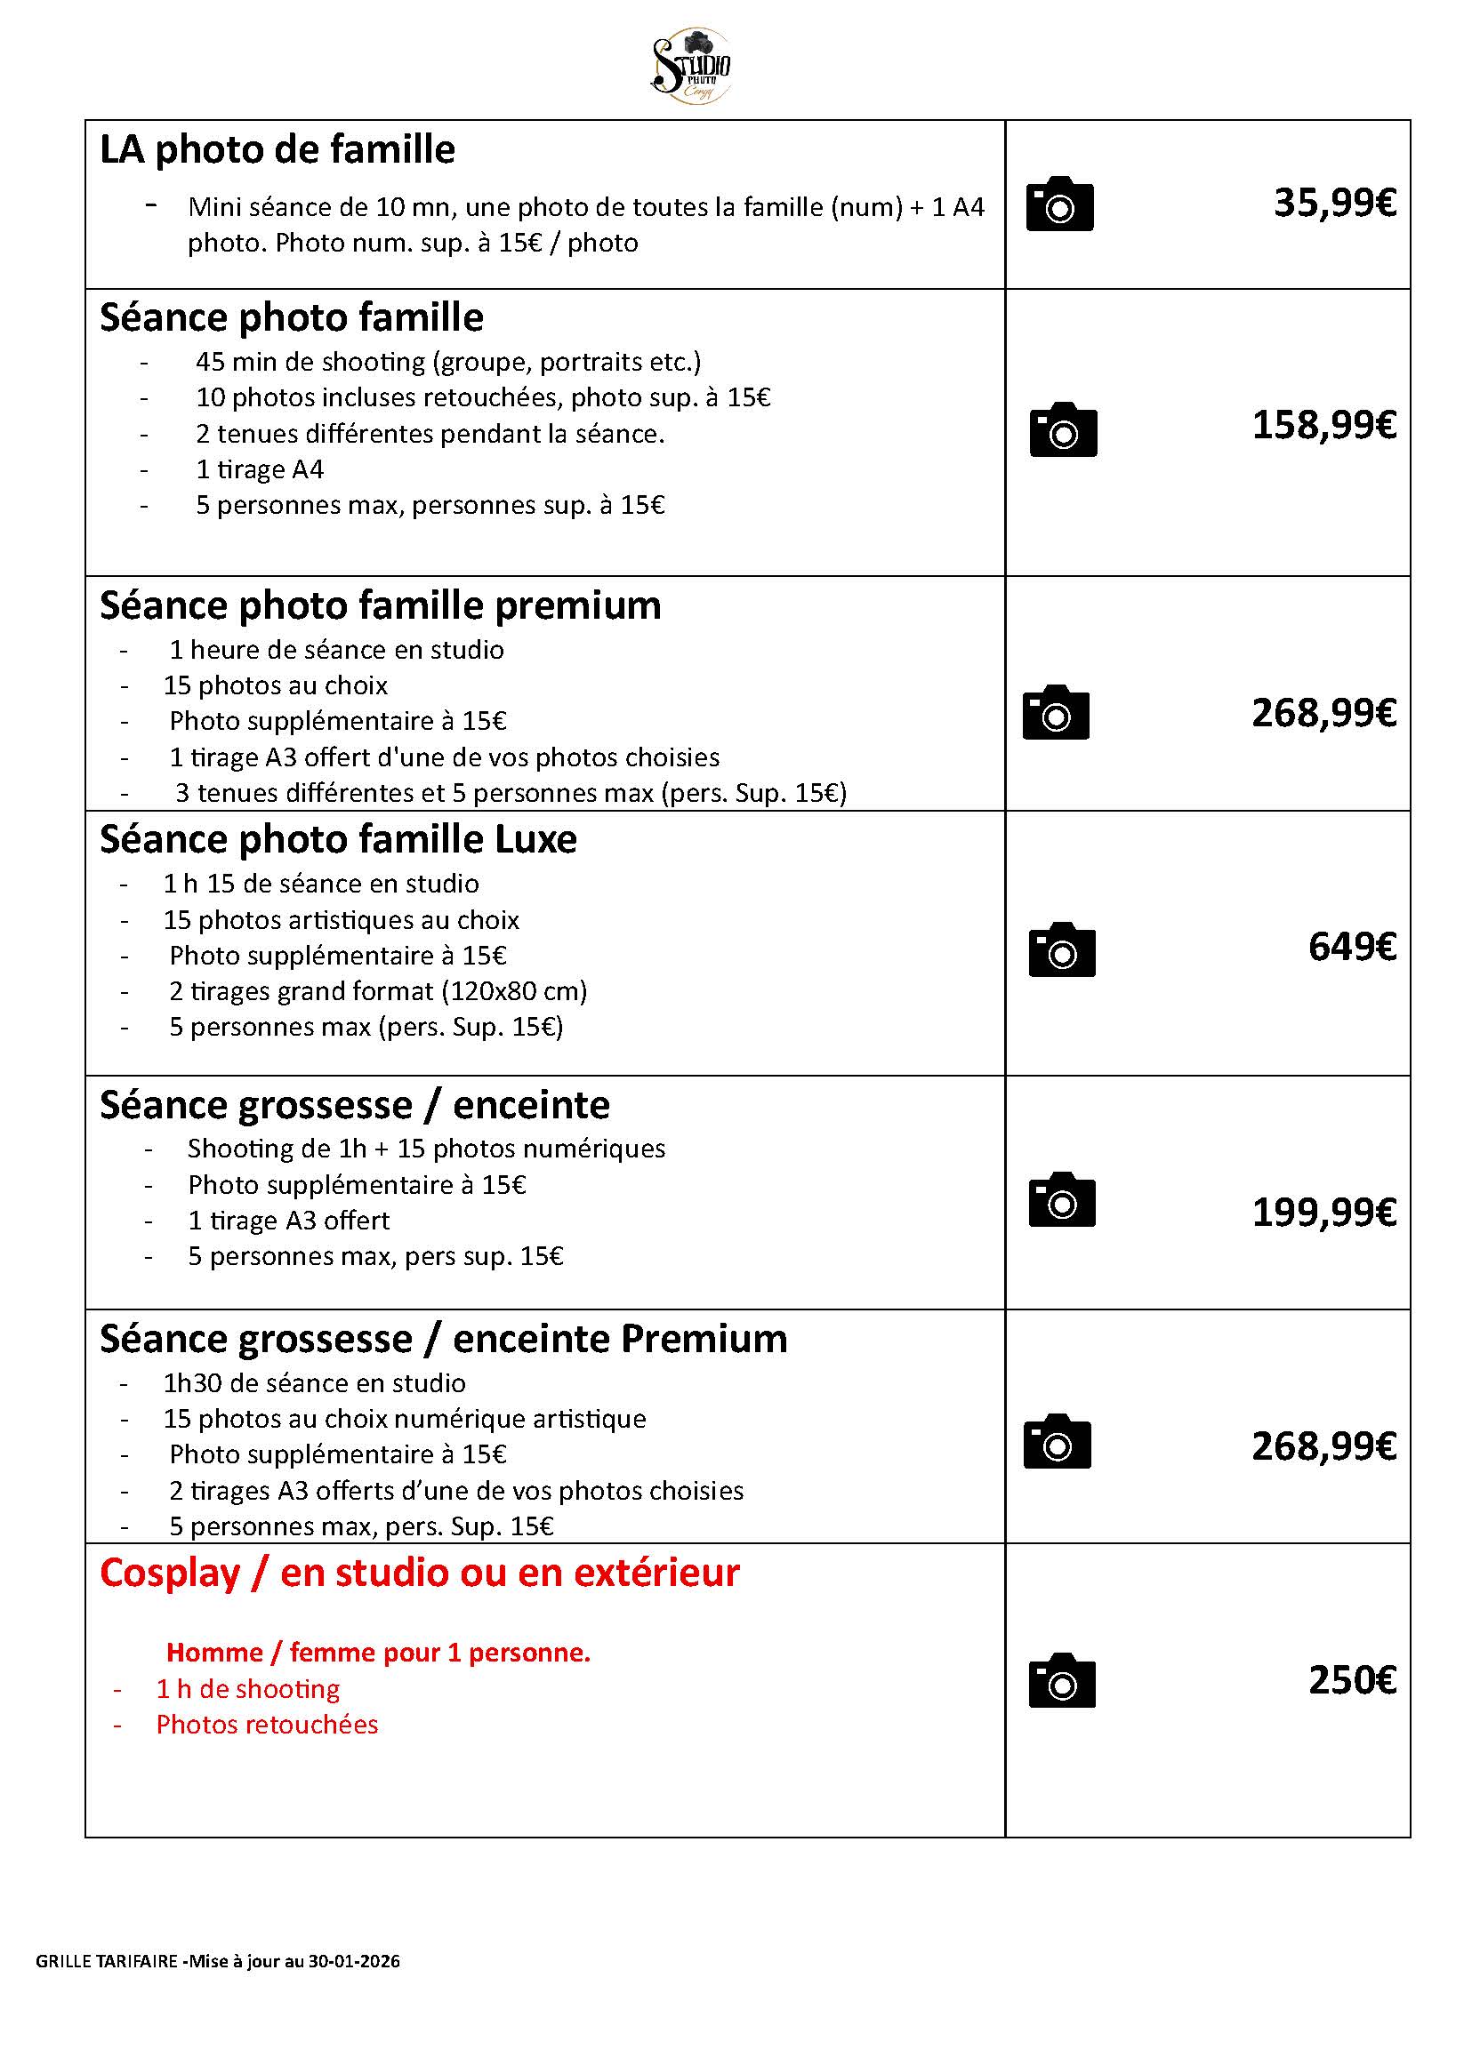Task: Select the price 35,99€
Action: (x=1334, y=204)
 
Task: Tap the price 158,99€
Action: (x=1323, y=425)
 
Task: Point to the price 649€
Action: (x=1351, y=947)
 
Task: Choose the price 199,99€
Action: (x=1323, y=1213)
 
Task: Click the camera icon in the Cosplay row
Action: (x=1061, y=1680)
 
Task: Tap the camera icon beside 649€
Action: (x=1061, y=949)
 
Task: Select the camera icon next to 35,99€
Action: (x=1059, y=204)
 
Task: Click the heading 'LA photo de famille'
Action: (x=277, y=149)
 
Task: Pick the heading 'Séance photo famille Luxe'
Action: (x=338, y=840)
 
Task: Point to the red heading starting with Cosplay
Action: (x=419, y=1574)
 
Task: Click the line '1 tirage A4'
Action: (x=260, y=469)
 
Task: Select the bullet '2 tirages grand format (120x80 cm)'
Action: (x=378, y=991)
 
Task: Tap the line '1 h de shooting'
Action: (x=248, y=1688)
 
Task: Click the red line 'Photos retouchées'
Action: (x=267, y=1725)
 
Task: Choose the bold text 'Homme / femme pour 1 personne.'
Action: (x=378, y=1653)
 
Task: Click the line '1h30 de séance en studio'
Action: (x=314, y=1383)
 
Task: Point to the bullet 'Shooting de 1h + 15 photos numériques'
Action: (x=426, y=1149)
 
